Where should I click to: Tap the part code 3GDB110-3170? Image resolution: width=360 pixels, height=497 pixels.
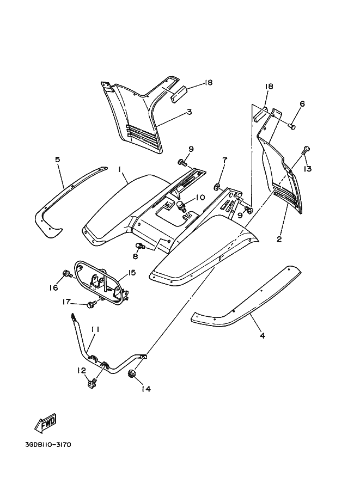[x=48, y=444]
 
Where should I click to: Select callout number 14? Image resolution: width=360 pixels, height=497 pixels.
[x=145, y=389]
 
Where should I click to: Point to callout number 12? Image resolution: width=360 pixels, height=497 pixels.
[x=82, y=371]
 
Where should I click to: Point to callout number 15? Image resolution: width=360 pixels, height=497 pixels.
[x=132, y=272]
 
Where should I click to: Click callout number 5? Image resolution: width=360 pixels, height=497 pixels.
[x=57, y=159]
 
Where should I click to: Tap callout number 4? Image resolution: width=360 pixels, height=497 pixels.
[x=263, y=336]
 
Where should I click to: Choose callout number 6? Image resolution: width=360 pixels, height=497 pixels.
[x=302, y=104]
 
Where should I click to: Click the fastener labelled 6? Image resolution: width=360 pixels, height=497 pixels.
[x=292, y=126]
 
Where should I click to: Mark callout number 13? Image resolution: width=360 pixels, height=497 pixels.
[x=308, y=169]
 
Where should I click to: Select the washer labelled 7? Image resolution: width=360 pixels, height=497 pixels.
[x=218, y=188]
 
